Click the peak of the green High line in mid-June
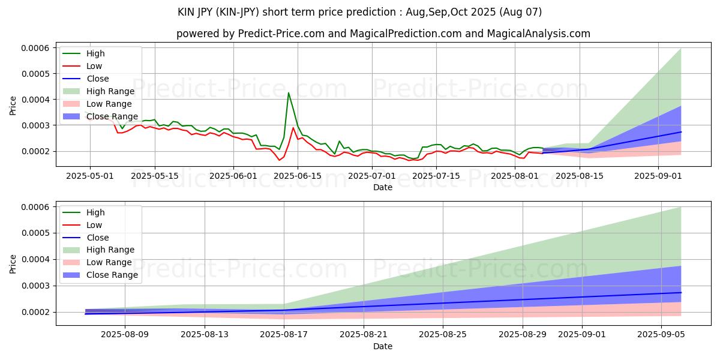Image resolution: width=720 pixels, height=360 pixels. (x=289, y=93)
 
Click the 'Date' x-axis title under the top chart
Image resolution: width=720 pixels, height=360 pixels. (x=383, y=187)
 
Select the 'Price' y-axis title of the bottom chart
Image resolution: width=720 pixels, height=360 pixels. (x=13, y=263)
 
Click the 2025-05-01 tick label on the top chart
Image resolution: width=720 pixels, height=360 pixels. (x=90, y=176)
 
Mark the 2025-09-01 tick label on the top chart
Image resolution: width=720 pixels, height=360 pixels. (x=658, y=176)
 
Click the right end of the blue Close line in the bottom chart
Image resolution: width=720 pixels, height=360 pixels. (x=681, y=292)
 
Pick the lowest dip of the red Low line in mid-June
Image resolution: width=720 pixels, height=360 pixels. (x=279, y=160)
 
